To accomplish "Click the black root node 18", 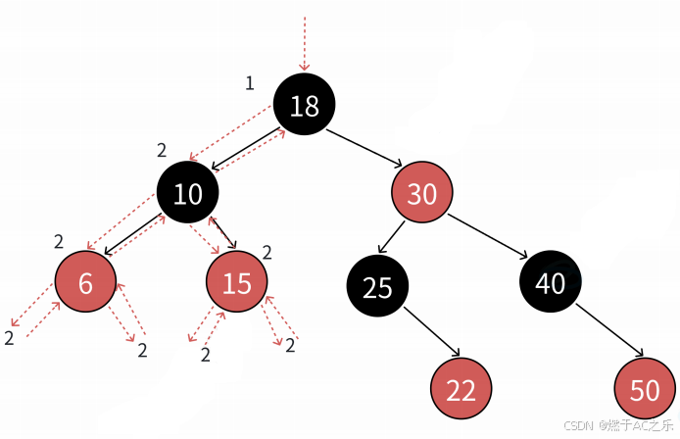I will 304,105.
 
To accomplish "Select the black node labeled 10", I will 187,193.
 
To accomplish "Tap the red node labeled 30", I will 421,194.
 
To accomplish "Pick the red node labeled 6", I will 85,282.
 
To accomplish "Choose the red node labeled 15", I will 236,282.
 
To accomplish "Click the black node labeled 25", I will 377,287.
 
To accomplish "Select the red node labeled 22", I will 461,389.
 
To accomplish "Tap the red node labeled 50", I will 645,389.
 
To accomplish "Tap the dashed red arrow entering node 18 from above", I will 305,44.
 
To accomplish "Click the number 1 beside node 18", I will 249,84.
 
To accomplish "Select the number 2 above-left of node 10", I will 162,150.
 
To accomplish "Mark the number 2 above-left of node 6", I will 59,241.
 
